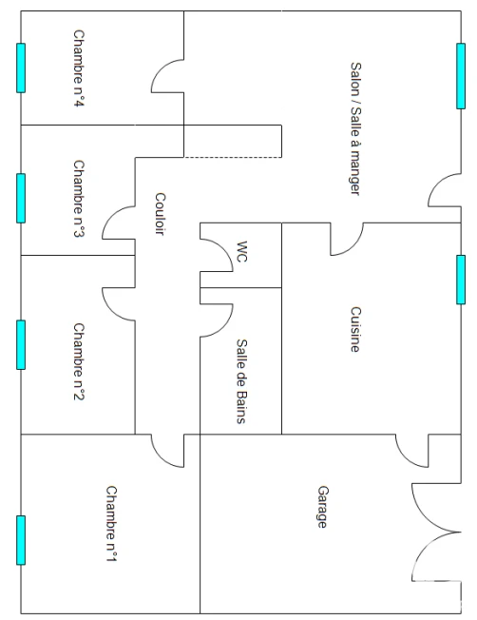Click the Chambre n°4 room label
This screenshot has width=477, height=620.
tap(79, 68)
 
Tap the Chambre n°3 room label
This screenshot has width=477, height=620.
tap(79, 199)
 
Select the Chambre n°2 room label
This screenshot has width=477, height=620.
tap(79, 361)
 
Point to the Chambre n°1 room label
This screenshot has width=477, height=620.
tap(111, 524)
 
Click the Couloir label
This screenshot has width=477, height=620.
tap(160, 214)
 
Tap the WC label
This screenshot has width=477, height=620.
tap(241, 251)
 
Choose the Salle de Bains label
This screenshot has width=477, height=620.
tap(241, 381)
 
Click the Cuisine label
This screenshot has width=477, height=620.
tap(355, 329)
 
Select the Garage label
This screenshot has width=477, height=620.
tap(323, 507)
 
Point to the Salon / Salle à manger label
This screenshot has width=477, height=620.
tap(355, 128)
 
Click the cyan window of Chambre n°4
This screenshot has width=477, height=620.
tap(21, 68)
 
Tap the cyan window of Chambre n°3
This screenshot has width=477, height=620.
tap(21, 198)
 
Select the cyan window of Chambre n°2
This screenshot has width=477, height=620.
tap(21, 345)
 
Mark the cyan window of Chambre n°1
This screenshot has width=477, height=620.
tap(21, 540)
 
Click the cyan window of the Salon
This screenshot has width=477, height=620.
tap(461, 76)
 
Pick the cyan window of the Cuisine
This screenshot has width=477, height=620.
tap(461, 280)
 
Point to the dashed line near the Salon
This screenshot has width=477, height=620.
tap(233, 157)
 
